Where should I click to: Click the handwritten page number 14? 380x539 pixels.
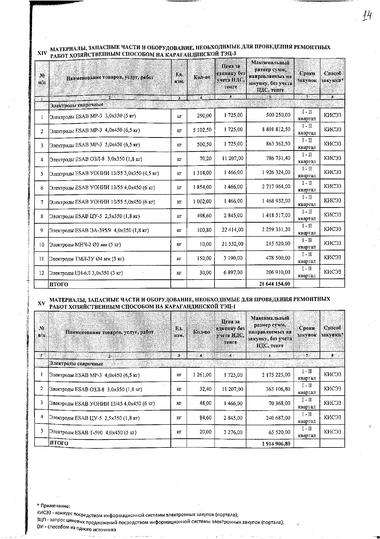point(366,15)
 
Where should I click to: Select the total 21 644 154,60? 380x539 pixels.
point(275,284)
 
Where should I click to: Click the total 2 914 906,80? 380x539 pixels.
point(276,443)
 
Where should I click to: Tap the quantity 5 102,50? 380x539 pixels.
point(202,130)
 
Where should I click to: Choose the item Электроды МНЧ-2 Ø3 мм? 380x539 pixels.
point(85,245)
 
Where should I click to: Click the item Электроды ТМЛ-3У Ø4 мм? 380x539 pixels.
point(87,259)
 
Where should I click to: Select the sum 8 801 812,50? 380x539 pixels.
point(276,130)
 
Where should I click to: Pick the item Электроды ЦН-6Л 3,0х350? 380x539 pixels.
point(86,273)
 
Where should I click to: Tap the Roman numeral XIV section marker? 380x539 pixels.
point(42,53)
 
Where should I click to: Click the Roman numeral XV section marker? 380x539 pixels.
point(41,303)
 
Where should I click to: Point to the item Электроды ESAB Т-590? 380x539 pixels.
point(93,432)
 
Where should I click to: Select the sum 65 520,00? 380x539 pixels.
point(279,432)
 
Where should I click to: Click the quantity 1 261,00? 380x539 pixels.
point(202,375)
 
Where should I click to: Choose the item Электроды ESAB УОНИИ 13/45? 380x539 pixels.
point(102,404)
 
